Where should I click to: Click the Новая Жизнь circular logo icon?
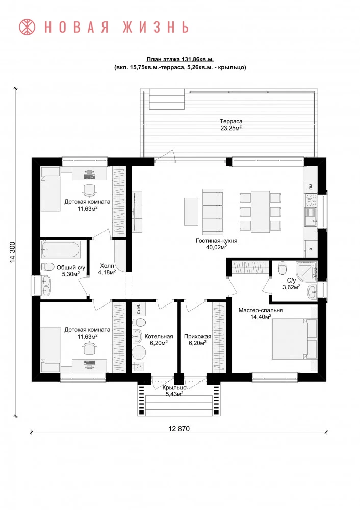(28, 27)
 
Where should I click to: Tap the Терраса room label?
(231, 122)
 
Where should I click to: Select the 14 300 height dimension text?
(13, 252)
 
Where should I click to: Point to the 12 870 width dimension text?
(179, 429)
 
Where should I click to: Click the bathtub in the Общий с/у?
(61, 249)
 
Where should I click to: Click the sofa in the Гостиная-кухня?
(213, 212)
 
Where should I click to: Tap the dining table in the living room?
(260, 212)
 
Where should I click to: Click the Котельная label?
(159, 336)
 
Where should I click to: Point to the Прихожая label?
(198, 336)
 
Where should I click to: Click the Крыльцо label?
(174, 388)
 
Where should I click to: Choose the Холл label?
(107, 266)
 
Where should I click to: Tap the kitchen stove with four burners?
(312, 200)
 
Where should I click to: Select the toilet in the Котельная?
(139, 323)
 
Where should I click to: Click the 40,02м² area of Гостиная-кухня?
(216, 247)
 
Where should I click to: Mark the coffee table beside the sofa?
(191, 212)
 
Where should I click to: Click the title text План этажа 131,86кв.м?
(180, 59)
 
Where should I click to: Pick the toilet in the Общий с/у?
(47, 267)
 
